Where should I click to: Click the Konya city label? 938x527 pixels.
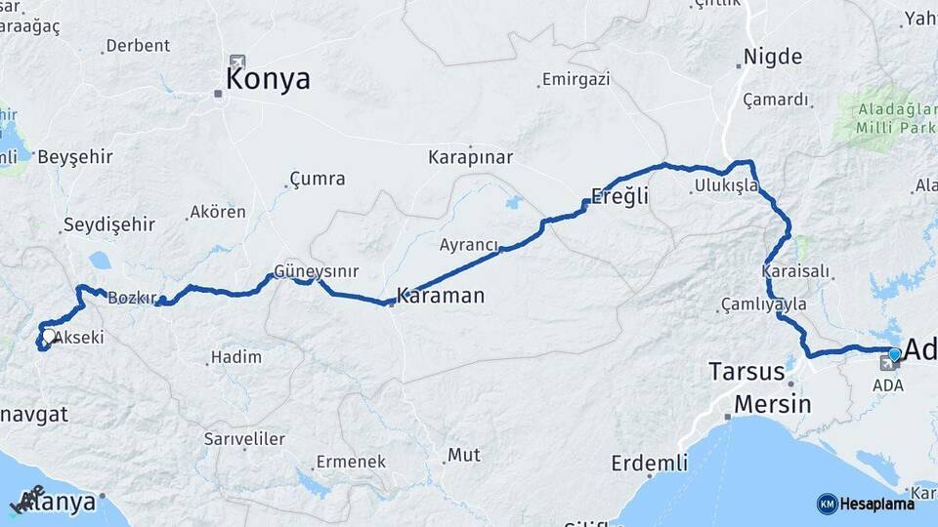268,80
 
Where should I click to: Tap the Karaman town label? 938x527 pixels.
440,296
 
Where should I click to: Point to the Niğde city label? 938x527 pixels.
772,57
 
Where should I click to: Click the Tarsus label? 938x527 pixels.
746,372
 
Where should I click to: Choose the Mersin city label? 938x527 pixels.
772,404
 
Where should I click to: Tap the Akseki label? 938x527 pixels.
79,338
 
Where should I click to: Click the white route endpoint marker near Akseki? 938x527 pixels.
48,337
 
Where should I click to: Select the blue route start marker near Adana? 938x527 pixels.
894,353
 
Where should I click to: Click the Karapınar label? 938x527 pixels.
470,157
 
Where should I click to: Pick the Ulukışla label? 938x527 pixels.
726,185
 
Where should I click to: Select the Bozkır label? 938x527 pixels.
132,298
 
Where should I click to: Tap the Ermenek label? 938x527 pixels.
351,462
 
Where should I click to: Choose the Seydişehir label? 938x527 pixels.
108,225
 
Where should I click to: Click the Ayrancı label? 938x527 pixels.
469,245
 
